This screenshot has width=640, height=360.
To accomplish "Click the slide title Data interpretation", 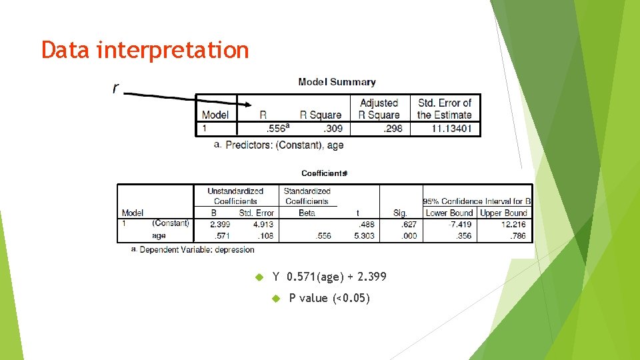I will coord(145,50).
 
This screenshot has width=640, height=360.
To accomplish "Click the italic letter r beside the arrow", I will coord(116,87).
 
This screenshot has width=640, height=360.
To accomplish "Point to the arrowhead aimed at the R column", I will coord(246,104).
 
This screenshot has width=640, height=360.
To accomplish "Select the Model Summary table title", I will coord(337,82).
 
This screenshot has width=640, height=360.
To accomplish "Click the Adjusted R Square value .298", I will coord(393,128).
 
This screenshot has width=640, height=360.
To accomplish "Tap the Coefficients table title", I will coord(324,173).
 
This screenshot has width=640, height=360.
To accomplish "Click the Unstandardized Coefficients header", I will coord(235,196).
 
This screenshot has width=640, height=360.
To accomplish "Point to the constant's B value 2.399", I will coord(220,224).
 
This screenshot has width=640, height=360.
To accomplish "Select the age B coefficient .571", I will coord(221,235).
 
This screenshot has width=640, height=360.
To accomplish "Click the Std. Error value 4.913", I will coord(263,224).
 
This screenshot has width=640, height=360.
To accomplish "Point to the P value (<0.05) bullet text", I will coord(329,298).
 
